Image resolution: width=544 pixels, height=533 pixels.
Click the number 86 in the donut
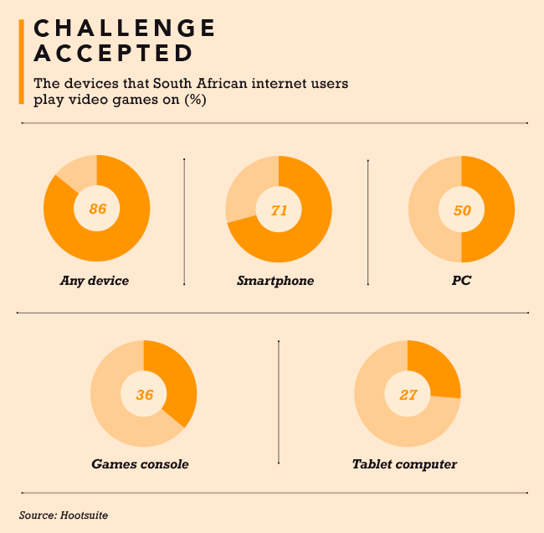coord(97,209)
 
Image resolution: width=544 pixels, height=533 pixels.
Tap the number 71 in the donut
coord(279,210)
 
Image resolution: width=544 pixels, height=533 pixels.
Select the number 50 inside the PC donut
coord(461,210)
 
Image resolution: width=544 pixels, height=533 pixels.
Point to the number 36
coord(144,394)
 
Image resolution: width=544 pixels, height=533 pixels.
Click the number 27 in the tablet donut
coord(408,394)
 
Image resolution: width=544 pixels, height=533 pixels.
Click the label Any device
coord(95,281)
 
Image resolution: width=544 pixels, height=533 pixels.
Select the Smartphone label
coord(275,281)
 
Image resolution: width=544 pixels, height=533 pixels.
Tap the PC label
coord(460,281)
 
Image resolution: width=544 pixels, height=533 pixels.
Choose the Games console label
coord(140,463)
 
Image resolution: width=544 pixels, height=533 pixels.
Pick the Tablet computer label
coord(404,463)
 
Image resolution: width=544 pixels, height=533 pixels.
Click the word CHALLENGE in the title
coord(124,28)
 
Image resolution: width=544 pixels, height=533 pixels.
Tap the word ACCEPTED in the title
coord(112,54)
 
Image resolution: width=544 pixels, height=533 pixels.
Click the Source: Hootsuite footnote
coord(64,515)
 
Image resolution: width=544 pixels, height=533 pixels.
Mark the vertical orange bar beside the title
coord(22,63)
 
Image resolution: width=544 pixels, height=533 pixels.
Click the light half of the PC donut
coord(426,210)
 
